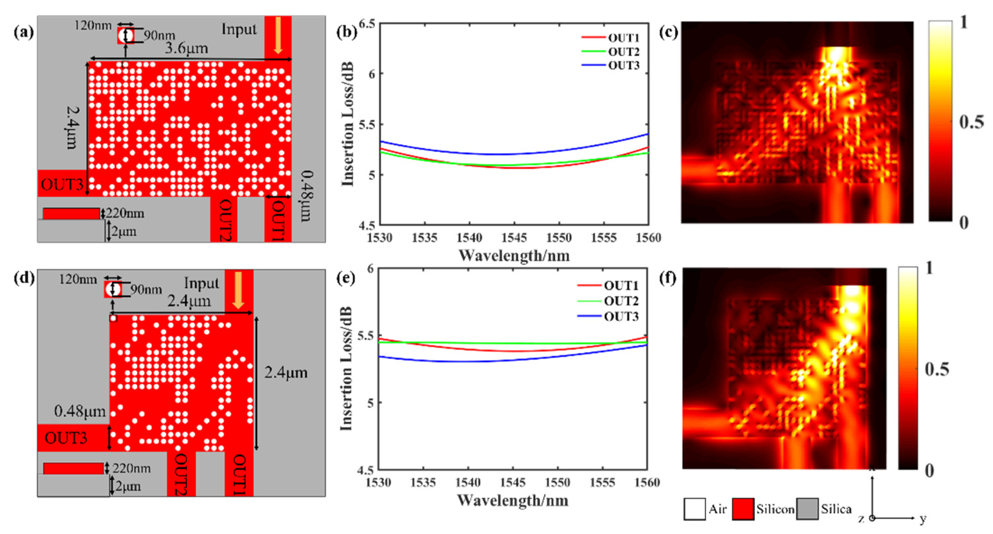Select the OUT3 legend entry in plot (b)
[623, 66]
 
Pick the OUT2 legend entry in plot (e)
[621, 301]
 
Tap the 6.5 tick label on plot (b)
[367, 24]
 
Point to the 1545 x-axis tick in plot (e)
[513, 482]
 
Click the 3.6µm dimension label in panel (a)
[186, 49]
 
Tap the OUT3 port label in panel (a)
[62, 185]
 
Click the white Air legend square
[695, 509]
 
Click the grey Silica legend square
[807, 509]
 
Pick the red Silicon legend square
[743, 509]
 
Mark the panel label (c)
[668, 32]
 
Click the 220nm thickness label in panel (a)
[125, 213]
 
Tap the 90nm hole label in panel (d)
[146, 290]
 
